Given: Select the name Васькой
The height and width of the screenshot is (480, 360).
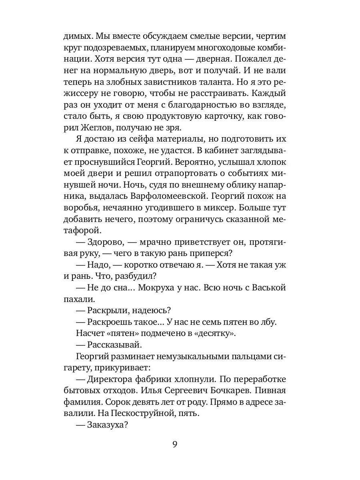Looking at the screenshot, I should (268, 288).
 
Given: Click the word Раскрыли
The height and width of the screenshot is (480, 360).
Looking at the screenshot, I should (109, 311).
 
